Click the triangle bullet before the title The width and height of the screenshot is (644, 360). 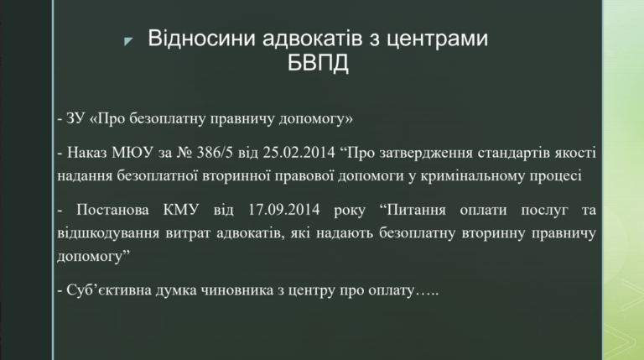coord(128,40)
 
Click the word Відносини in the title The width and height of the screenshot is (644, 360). coord(201,38)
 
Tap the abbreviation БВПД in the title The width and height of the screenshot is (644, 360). coord(318,63)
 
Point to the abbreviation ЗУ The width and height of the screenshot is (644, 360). coord(75,118)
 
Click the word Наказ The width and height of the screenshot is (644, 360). coord(86,153)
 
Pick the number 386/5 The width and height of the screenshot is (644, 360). coord(215,153)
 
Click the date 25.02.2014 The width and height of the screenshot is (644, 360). coord(299,153)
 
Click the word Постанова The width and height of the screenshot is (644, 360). coord(112,210)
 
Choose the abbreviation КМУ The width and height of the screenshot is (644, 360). coord(181,210)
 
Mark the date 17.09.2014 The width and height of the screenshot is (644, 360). coord(283,210)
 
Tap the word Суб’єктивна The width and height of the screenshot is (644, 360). coord(108,290)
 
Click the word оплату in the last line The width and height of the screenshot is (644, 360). coord(392,291)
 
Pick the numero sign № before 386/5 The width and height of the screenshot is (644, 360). coord(184,153)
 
